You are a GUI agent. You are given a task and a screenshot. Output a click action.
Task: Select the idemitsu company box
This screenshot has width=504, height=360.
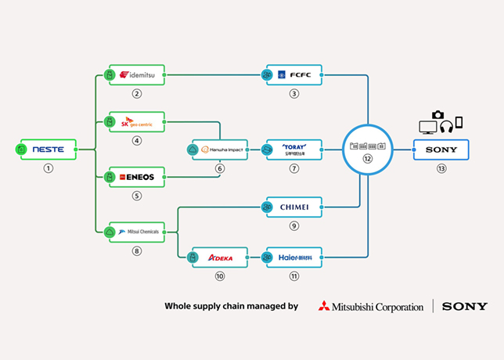(x=138, y=74)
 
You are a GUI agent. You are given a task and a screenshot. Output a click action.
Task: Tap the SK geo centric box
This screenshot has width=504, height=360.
(x=138, y=123)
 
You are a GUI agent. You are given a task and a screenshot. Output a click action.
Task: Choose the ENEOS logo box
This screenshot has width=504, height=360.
(x=138, y=177)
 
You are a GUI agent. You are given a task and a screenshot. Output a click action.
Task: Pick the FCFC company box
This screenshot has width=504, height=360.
(x=294, y=74)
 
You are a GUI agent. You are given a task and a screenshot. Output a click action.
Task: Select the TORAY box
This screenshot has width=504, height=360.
(x=294, y=149)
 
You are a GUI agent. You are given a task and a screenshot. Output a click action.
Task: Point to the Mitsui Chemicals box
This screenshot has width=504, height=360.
(x=138, y=231)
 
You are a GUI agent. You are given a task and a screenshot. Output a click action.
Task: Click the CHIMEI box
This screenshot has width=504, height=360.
(x=294, y=207)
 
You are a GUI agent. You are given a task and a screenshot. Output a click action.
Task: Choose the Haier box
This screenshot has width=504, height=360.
(x=294, y=257)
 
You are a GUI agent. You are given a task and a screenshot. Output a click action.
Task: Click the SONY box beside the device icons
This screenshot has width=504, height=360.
(x=442, y=149)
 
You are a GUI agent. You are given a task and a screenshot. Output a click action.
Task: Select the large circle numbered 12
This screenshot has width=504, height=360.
(x=368, y=149)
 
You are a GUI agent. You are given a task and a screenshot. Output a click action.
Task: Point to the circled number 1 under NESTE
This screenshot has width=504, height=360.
(x=49, y=168)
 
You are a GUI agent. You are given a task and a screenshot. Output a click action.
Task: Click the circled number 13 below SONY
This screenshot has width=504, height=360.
(x=442, y=168)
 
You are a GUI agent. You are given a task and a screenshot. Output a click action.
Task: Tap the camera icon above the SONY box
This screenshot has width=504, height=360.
(x=437, y=115)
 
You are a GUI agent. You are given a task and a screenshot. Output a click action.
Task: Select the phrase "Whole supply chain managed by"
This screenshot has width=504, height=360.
(x=231, y=307)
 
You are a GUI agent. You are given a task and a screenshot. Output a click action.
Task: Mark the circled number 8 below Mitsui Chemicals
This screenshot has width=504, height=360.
(x=138, y=250)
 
